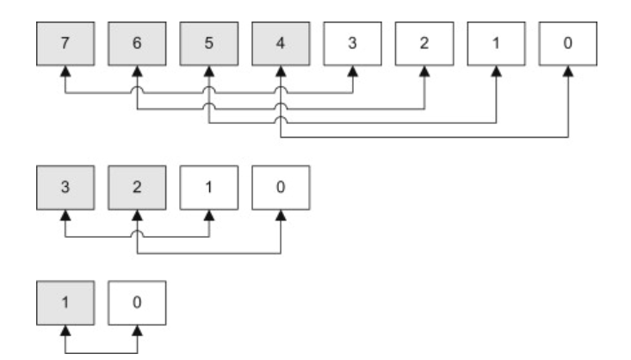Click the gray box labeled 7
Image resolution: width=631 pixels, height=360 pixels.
click(x=65, y=44)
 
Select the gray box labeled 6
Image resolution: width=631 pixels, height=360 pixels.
click(x=137, y=44)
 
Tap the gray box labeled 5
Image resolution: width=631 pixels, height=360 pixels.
click(x=209, y=44)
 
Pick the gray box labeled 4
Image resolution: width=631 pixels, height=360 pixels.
click(x=281, y=44)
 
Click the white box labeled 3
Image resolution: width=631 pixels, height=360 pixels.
click(x=352, y=44)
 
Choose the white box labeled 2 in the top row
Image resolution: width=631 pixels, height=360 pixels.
click(x=424, y=44)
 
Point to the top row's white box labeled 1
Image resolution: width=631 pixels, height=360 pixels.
click(x=496, y=44)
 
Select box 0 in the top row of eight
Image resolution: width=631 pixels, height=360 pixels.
click(x=567, y=44)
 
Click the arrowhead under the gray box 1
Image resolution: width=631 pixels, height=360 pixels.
click(x=65, y=335)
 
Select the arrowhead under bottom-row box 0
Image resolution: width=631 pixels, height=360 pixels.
click(x=137, y=335)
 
